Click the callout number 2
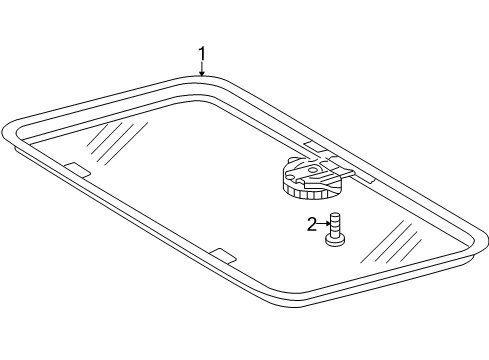point(312,224)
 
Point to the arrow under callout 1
point(201,68)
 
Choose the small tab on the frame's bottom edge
point(223,255)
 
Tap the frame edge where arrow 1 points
point(201,77)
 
